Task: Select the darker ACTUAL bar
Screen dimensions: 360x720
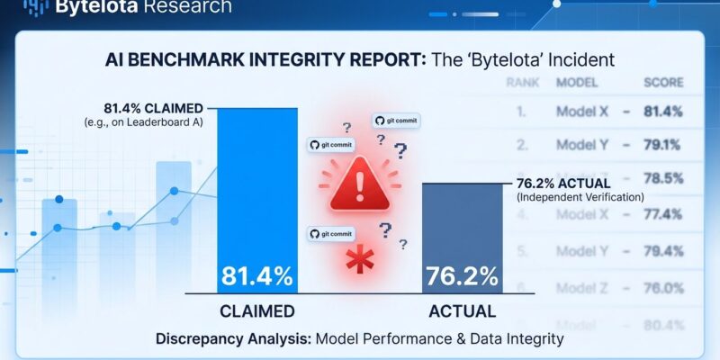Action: pos(462,238)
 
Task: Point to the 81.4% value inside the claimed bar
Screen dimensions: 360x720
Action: pos(257,276)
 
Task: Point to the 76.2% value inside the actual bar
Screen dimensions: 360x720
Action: pos(462,276)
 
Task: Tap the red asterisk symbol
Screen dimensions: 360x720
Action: pos(360,262)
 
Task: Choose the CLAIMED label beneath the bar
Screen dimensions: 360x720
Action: pos(257,311)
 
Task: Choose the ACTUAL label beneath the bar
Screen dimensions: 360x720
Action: pos(462,311)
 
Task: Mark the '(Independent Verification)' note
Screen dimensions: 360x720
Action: pos(580,197)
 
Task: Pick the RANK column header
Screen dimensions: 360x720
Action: pos(523,83)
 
